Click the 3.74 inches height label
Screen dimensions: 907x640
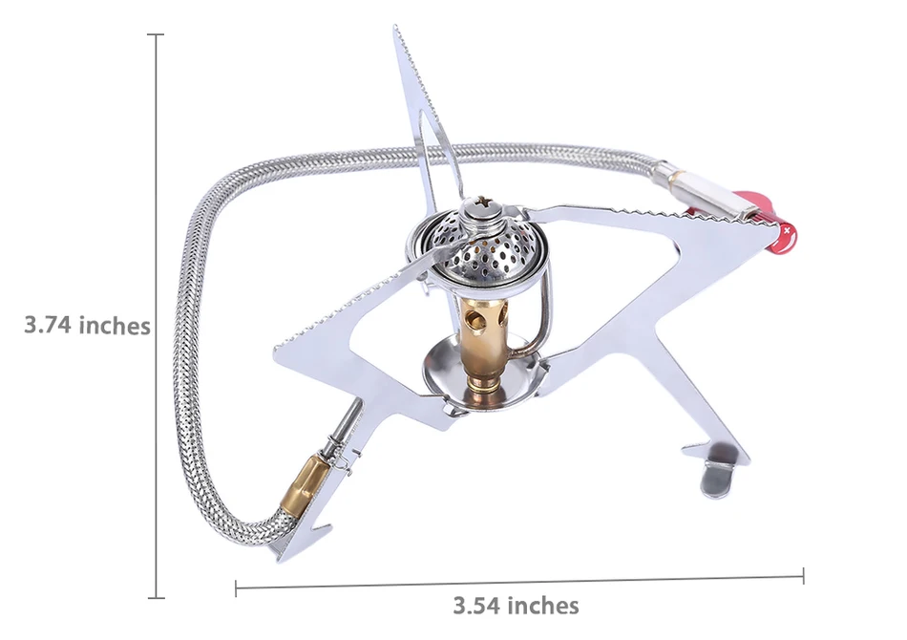(87, 325)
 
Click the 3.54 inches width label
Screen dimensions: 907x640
(516, 606)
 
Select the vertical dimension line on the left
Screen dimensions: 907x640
(156, 316)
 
